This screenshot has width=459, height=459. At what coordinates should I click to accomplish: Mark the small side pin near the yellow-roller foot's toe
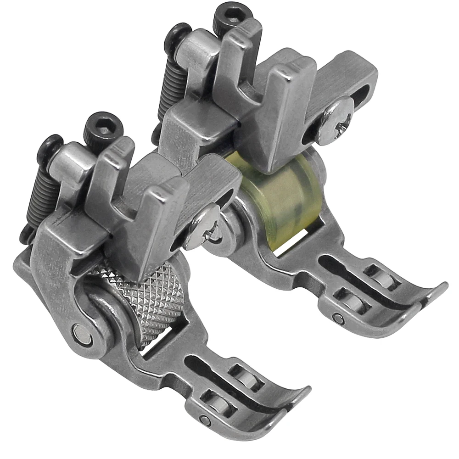point(339,318)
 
